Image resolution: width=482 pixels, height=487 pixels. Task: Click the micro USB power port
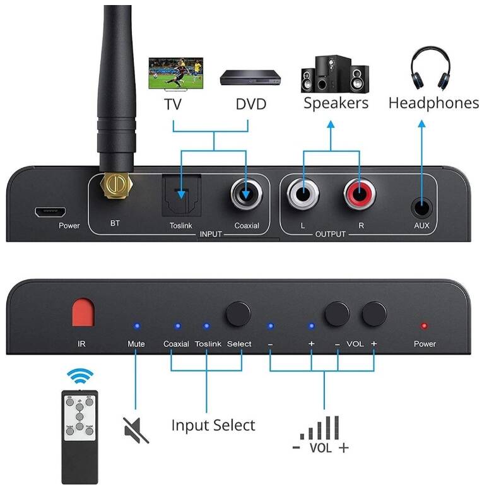[x=46, y=211]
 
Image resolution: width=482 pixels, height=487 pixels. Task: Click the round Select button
[x=238, y=313]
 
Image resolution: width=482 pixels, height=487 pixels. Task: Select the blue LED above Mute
[x=136, y=326]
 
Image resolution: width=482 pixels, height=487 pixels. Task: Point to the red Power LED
[x=424, y=326]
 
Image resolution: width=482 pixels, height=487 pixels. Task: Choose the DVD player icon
[x=250, y=79]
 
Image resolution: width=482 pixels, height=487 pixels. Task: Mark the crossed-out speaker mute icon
[x=136, y=430]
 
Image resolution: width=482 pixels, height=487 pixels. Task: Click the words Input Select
[x=213, y=425]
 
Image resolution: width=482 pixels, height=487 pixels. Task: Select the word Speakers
[x=336, y=103]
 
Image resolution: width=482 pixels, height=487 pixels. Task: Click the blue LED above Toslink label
[x=206, y=326]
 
